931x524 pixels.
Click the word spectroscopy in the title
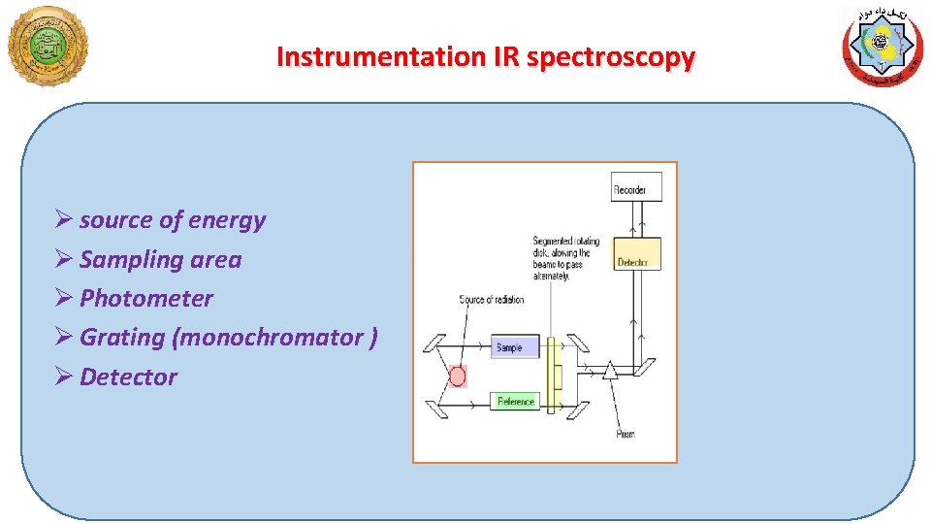pyautogui.click(x=611, y=58)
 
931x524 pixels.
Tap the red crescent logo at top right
pyautogui.click(x=882, y=47)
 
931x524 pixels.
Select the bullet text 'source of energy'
pyautogui.click(x=172, y=220)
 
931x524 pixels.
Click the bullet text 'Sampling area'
pyautogui.click(x=160, y=259)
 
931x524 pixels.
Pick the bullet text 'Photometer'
pyautogui.click(x=145, y=298)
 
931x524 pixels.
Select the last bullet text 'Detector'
pyautogui.click(x=128, y=377)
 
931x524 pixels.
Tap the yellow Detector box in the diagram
pyautogui.click(x=637, y=262)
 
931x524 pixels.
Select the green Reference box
pyautogui.click(x=515, y=402)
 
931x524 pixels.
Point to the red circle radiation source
pyautogui.click(x=458, y=376)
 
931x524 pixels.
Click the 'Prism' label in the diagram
pyautogui.click(x=626, y=434)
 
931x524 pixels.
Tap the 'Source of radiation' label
pyautogui.click(x=491, y=300)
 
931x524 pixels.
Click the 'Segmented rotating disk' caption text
pyautogui.click(x=565, y=258)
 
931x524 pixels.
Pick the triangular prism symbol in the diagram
pyautogui.click(x=610, y=370)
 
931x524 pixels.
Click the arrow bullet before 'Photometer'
pyautogui.click(x=64, y=298)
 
